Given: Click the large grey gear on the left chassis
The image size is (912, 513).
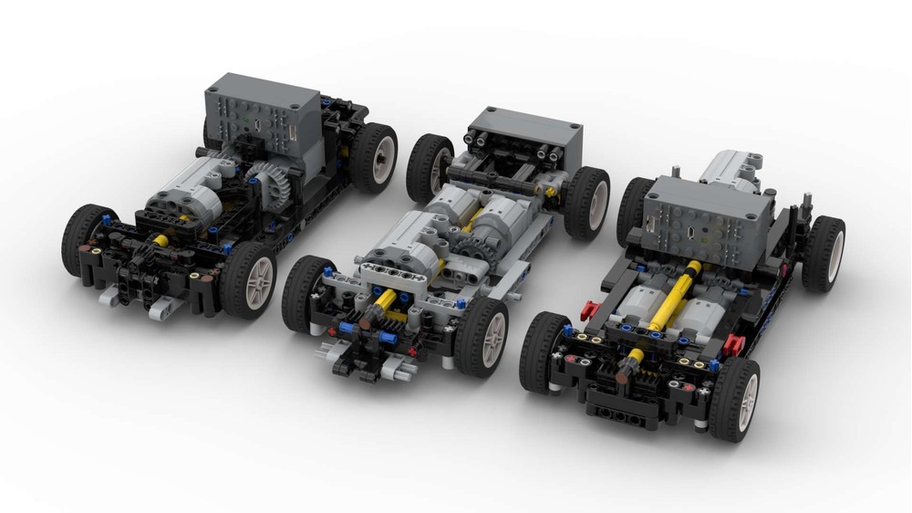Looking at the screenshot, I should pos(268,188).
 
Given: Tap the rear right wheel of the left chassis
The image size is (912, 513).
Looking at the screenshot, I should pos(373,157).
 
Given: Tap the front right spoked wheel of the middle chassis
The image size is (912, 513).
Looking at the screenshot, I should pos(482,336).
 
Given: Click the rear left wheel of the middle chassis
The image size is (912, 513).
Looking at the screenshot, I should pos(430,166).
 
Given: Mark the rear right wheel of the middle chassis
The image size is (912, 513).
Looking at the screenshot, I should pos(586,202).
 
